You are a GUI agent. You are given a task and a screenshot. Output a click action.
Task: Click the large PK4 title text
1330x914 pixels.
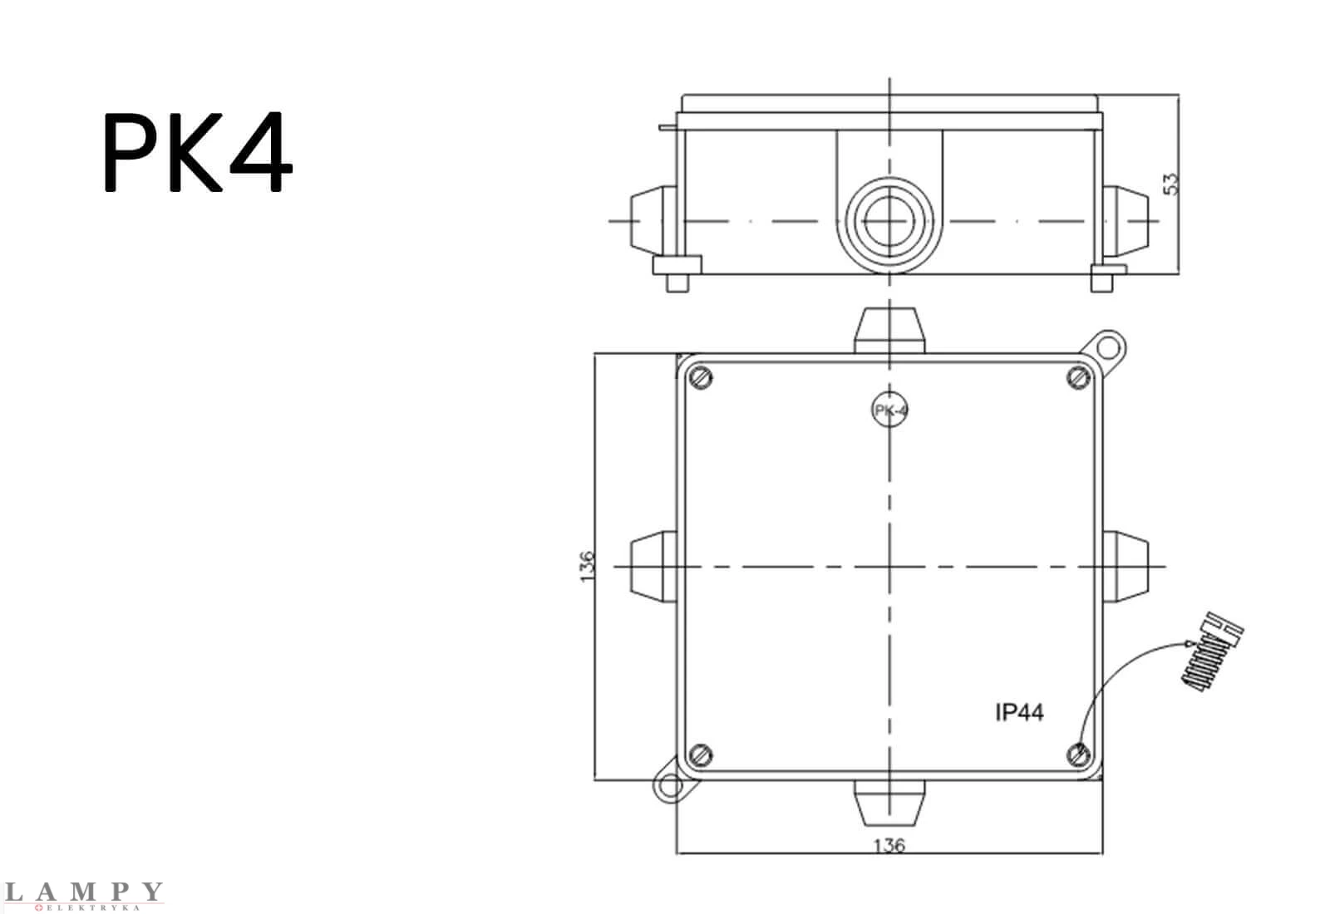point(198,152)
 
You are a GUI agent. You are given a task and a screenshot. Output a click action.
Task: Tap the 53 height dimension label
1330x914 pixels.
point(1170,184)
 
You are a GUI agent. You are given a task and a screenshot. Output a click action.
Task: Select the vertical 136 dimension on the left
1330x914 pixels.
point(587,566)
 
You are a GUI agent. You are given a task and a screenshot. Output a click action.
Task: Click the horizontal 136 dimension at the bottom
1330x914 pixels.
point(889,845)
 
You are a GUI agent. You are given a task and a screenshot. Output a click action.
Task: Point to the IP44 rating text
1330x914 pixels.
point(1019,712)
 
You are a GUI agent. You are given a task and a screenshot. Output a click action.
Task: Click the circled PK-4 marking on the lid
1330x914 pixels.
point(889,410)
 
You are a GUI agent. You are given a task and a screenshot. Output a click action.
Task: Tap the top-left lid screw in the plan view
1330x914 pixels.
point(701,378)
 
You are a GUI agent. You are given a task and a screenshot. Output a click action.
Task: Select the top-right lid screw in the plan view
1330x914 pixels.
point(1078,378)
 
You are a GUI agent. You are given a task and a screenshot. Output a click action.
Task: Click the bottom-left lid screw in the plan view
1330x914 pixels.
point(701,755)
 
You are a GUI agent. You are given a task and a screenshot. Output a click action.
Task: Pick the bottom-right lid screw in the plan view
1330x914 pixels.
point(1078,755)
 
